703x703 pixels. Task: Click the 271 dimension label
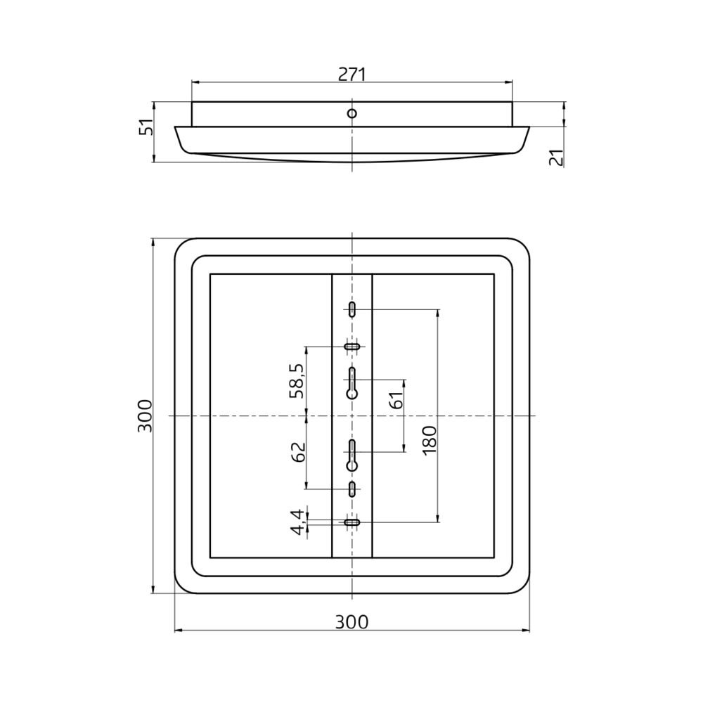[352, 75]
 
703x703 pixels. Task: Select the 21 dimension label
[556, 158]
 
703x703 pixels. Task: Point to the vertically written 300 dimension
[145, 415]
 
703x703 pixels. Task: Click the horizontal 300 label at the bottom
[352, 622]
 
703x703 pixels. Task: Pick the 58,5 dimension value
[297, 380]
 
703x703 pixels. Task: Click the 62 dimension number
[297, 452]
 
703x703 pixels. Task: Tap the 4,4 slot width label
[297, 522]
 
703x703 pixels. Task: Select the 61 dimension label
[396, 400]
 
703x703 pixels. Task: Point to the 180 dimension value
[429, 440]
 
